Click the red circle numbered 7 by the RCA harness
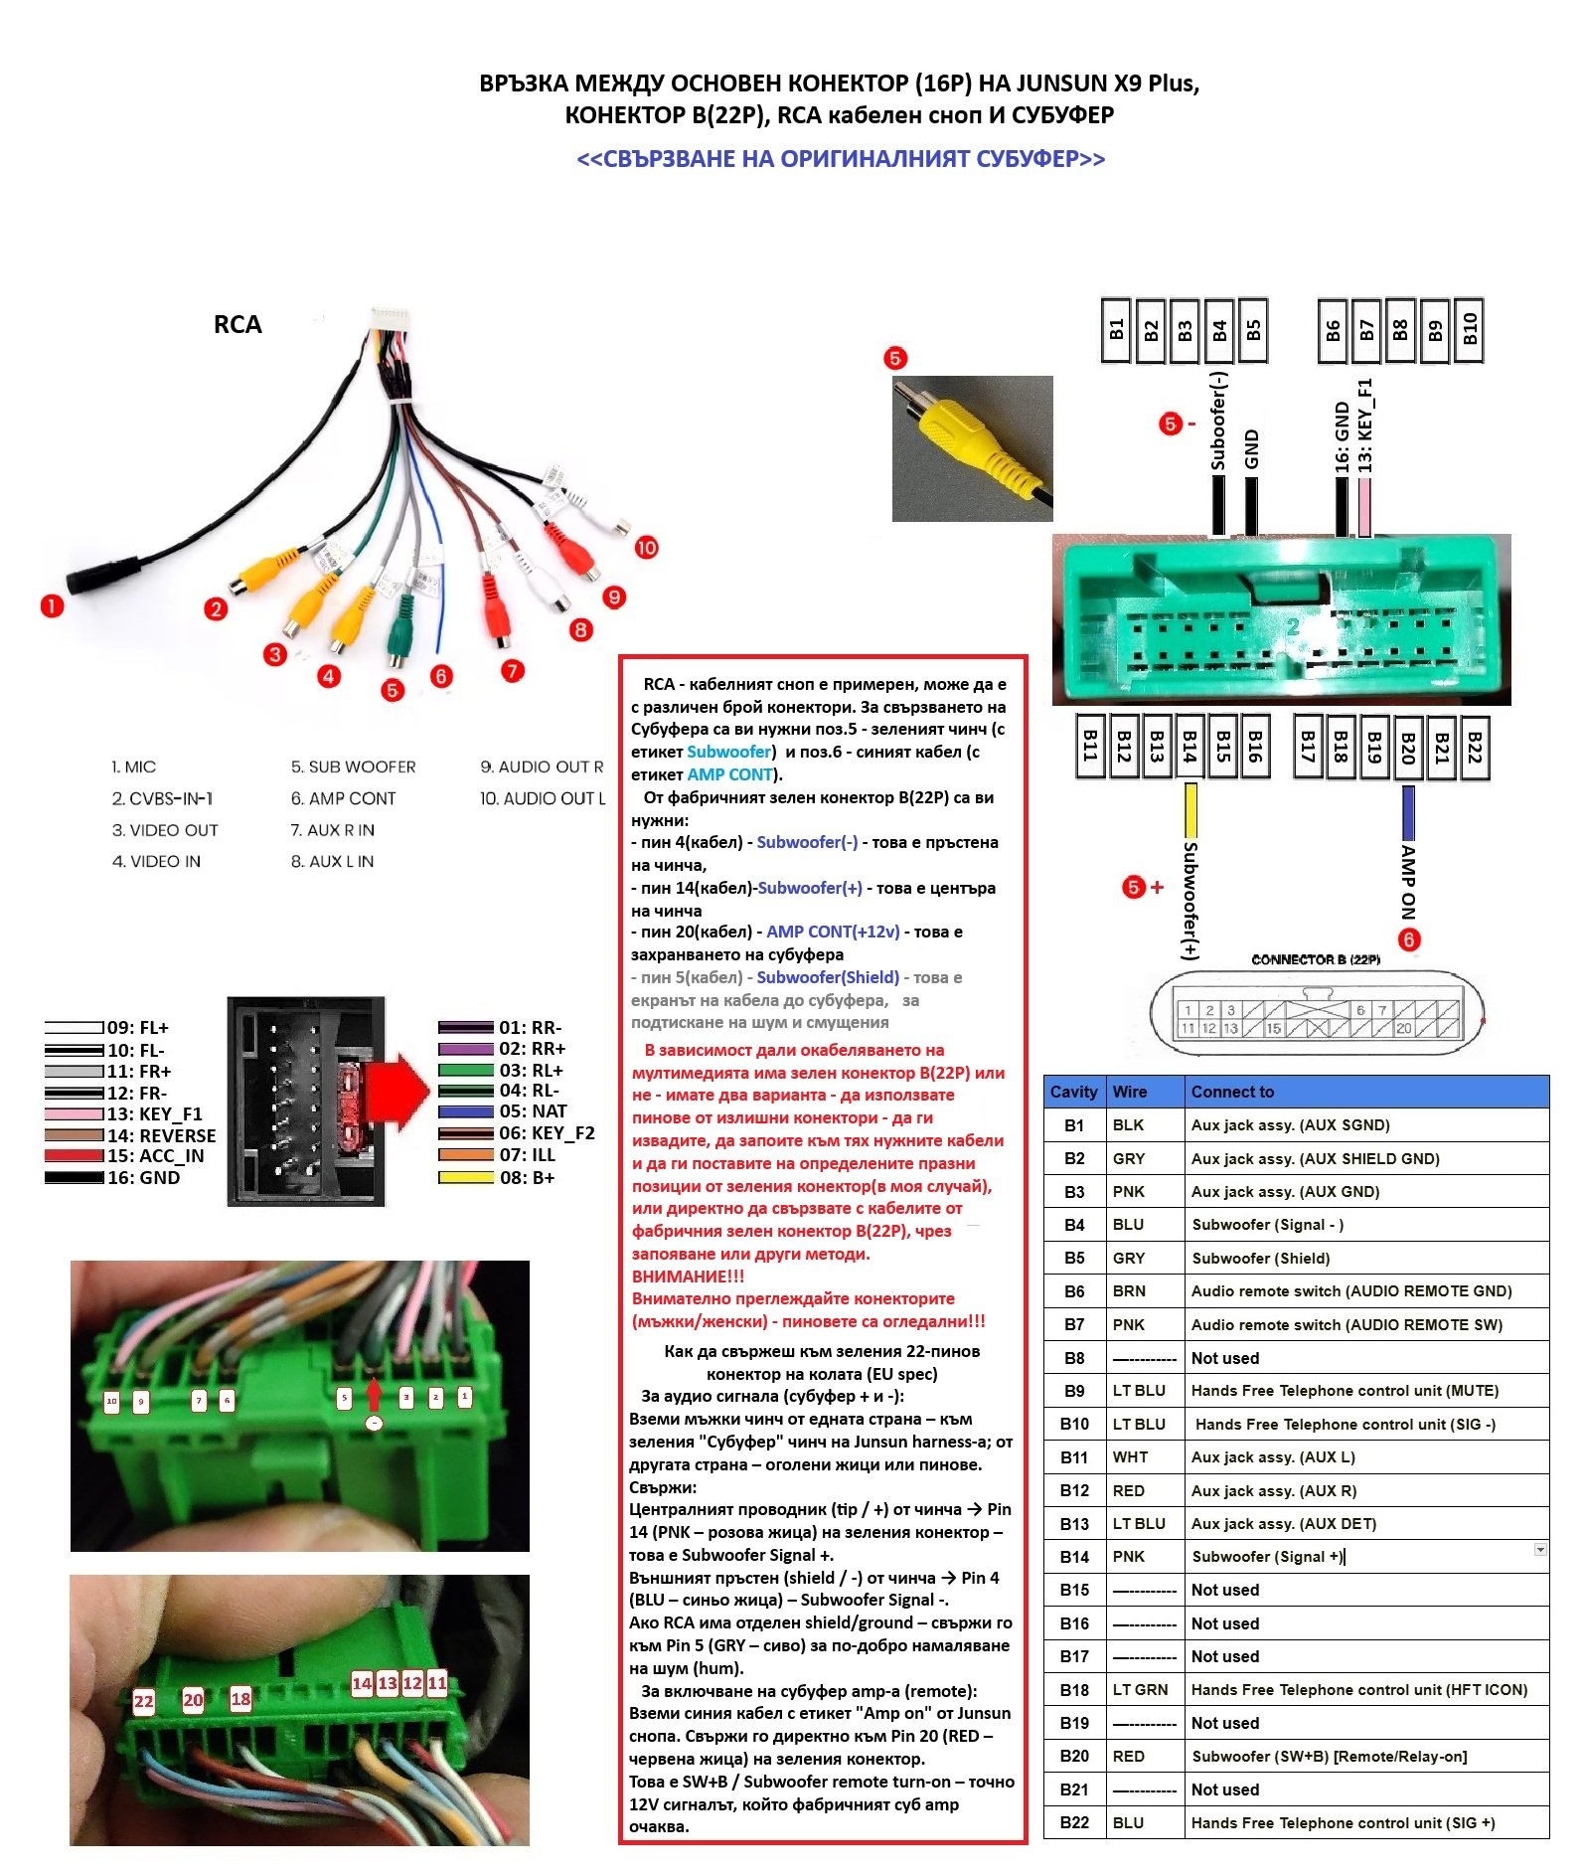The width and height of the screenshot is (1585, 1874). (x=512, y=671)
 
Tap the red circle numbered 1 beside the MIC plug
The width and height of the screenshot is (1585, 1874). (x=52, y=605)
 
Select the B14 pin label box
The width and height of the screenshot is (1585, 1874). (x=1189, y=746)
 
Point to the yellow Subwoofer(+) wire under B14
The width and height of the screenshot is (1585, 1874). (x=1189, y=810)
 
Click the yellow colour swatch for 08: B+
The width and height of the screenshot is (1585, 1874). (x=466, y=1178)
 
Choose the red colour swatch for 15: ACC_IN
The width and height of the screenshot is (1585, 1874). (x=75, y=1156)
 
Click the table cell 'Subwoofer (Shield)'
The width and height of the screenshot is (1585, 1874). (x=1260, y=1258)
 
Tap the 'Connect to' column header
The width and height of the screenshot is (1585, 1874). (x=1232, y=1092)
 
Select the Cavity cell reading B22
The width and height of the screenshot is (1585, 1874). (x=1074, y=1822)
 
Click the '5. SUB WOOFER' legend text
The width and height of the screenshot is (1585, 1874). (x=353, y=767)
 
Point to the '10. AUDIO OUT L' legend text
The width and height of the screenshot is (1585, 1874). (x=543, y=798)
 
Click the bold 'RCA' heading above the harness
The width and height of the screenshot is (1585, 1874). (x=238, y=325)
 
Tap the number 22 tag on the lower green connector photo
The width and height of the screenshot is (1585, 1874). (x=144, y=1701)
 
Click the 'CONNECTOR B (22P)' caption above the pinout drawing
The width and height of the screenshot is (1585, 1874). (x=1315, y=959)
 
